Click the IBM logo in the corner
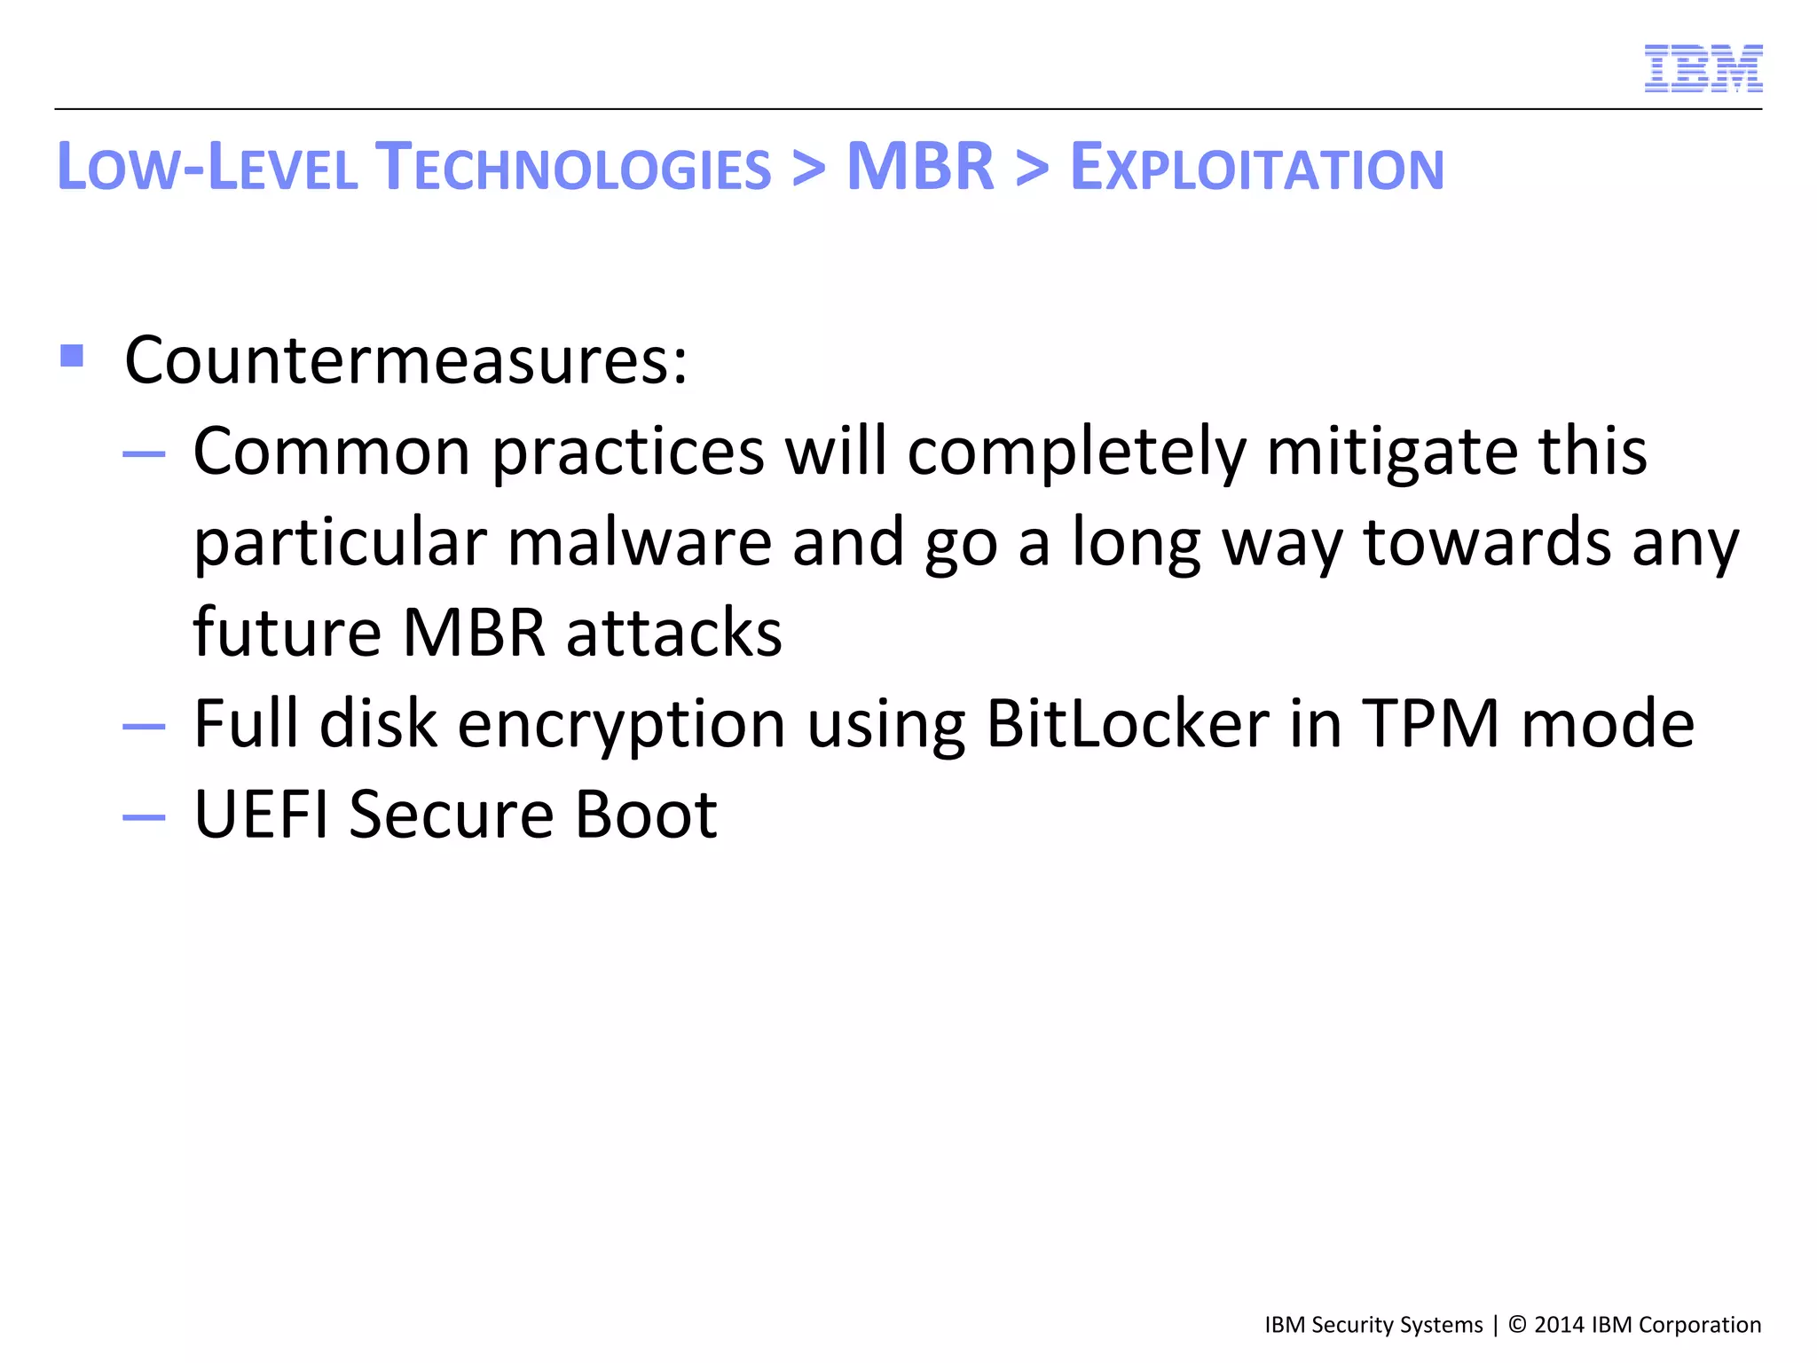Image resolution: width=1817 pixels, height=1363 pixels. click(1703, 68)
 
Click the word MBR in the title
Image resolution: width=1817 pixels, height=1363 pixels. click(920, 167)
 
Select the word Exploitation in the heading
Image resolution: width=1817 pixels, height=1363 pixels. click(1256, 167)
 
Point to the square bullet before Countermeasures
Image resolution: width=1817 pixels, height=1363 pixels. click(72, 356)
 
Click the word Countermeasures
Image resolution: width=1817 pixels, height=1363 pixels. click(405, 360)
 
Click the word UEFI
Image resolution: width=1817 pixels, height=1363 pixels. click(261, 814)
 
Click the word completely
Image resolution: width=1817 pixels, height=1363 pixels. click(1076, 453)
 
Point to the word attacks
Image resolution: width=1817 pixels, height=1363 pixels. click(674, 633)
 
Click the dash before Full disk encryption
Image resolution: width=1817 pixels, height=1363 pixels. click(144, 726)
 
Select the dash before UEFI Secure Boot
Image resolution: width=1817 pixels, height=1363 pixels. click(144, 816)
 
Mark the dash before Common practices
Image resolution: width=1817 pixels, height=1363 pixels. click(144, 454)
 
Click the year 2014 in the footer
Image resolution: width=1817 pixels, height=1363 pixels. click(1560, 1325)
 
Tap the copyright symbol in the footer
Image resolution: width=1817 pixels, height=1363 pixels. click(1517, 1325)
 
